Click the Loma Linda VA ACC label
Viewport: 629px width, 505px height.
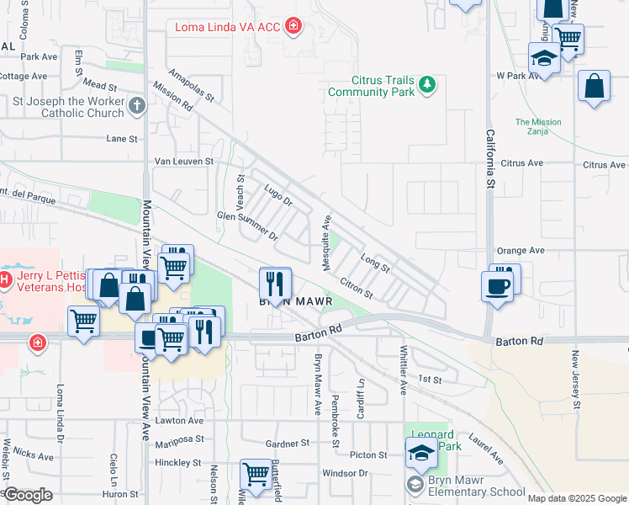tap(227, 27)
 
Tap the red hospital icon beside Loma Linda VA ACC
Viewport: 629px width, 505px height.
tap(293, 27)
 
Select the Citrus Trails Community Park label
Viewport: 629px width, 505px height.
tap(384, 86)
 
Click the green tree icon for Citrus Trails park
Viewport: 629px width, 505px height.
tap(428, 83)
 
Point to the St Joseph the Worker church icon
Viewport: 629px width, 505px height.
tap(137, 106)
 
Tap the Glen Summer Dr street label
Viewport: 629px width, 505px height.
tap(248, 226)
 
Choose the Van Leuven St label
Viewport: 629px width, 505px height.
tap(184, 161)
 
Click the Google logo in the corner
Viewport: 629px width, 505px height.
tap(28, 495)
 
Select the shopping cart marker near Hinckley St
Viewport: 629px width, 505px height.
tap(255, 473)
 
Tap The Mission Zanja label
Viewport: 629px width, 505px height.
tap(537, 126)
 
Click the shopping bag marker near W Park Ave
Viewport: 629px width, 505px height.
tap(594, 87)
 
